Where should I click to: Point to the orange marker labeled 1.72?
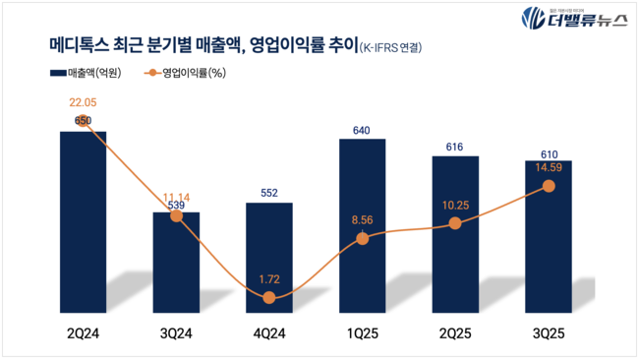269,296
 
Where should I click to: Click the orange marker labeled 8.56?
363,238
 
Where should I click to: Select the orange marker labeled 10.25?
455,223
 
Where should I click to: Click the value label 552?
269,194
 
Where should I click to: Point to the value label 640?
363,130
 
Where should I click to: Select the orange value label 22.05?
83,101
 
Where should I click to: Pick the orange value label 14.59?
549,167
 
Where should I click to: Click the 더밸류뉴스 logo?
574,19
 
